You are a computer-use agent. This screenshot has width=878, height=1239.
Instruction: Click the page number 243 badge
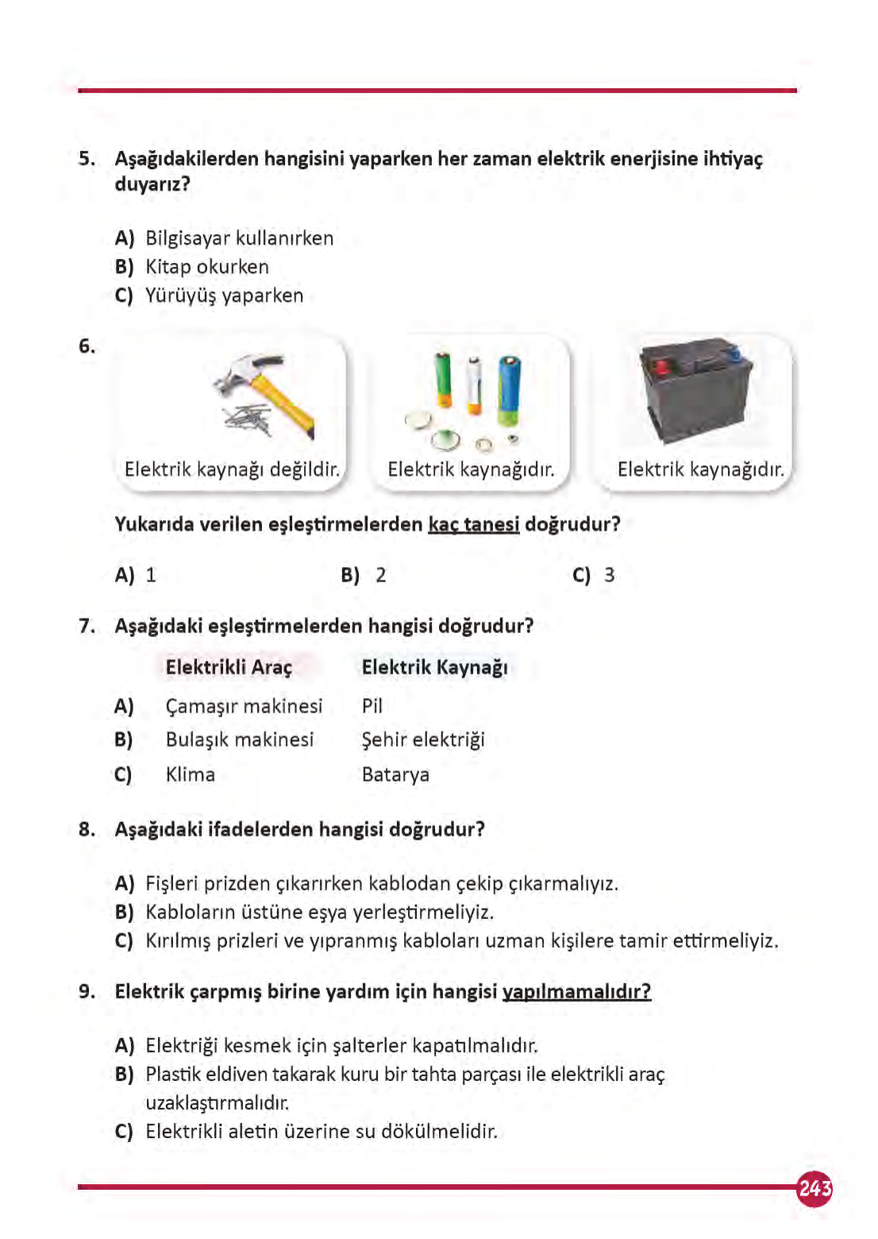[x=814, y=1188]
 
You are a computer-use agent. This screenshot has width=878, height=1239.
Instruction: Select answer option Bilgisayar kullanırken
[x=239, y=238]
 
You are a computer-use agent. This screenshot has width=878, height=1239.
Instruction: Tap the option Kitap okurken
[x=206, y=267]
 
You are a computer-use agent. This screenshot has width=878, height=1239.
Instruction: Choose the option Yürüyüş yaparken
[x=224, y=295]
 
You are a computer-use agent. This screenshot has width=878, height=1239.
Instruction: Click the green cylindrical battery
[x=443, y=380]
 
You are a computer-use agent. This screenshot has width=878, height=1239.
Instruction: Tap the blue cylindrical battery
[x=508, y=389]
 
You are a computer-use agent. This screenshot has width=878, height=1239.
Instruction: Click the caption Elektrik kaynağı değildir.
[x=232, y=469]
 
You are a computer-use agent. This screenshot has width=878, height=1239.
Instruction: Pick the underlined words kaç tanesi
[x=473, y=524]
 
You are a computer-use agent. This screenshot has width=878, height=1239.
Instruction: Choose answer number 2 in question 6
[x=380, y=575]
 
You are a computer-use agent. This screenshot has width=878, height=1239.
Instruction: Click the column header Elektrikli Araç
[x=229, y=667]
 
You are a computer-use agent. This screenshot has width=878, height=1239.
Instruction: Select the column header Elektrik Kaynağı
[x=434, y=667]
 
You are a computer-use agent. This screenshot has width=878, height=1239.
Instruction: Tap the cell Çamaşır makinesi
[x=244, y=706]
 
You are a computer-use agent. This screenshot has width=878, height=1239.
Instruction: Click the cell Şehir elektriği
[x=422, y=739]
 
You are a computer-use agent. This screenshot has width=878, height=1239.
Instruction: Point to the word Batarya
[x=395, y=774]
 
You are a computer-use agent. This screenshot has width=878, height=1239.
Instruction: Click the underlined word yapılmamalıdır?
[x=576, y=991]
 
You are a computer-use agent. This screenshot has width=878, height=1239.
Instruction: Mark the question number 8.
[x=87, y=829]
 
